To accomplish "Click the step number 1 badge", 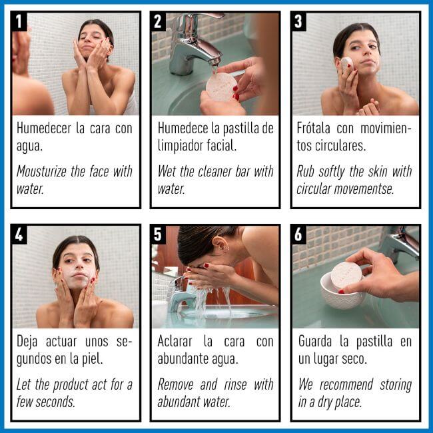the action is pyautogui.click(x=19, y=21).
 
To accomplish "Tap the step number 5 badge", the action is pyautogui.click(x=158, y=234).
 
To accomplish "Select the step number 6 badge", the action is pyautogui.click(x=298, y=234).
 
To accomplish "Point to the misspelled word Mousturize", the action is pyautogui.click(x=41, y=171).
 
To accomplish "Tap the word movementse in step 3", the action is pyautogui.click(x=364, y=189).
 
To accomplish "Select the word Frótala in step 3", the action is pyautogui.click(x=314, y=128).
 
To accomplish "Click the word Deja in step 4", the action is pyautogui.click(x=27, y=342).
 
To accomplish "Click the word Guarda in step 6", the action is pyautogui.click(x=315, y=342).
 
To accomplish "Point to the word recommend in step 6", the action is pyautogui.click(x=346, y=384).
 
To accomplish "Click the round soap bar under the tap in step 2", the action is pyautogui.click(x=221, y=87).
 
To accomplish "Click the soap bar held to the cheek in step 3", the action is pyautogui.click(x=346, y=65).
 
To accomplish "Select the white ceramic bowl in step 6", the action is pyautogui.click(x=341, y=292).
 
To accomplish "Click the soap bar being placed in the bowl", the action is pyautogui.click(x=346, y=275).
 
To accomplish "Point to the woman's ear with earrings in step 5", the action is pyautogui.click(x=222, y=244).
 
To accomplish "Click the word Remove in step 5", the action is pyautogui.click(x=175, y=384).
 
